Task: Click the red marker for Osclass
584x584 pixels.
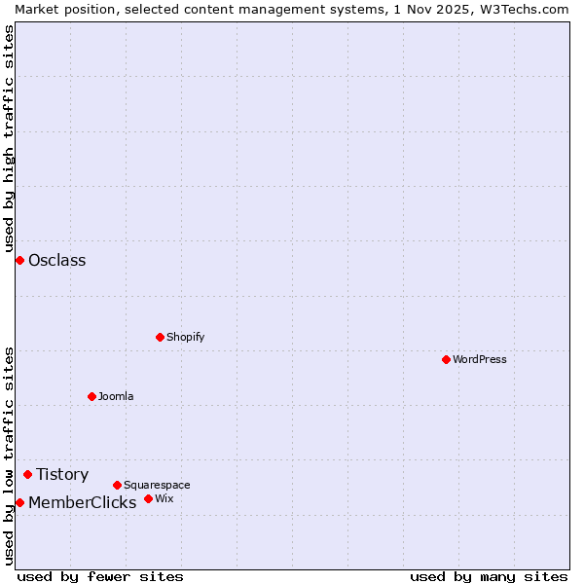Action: [19, 260]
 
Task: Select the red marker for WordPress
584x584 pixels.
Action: [446, 359]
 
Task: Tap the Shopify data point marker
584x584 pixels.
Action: [160, 337]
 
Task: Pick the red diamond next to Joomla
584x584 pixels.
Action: [91, 396]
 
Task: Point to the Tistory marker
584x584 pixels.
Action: [27, 474]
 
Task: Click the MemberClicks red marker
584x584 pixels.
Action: [19, 502]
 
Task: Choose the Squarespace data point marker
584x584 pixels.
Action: [117, 485]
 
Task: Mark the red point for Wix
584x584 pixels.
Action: [148, 498]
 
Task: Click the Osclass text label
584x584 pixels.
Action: [57, 260]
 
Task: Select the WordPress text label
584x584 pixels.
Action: [480, 359]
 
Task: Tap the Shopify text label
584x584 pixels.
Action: [186, 337]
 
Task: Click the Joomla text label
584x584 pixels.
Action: [116, 396]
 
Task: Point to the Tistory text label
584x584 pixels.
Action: [62, 474]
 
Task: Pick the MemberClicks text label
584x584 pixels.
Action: [83, 502]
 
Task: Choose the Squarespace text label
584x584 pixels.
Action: [157, 485]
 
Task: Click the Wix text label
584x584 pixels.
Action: [164, 498]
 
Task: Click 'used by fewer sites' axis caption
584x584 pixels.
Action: [100, 576]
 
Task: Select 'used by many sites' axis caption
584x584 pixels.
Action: [489, 576]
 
